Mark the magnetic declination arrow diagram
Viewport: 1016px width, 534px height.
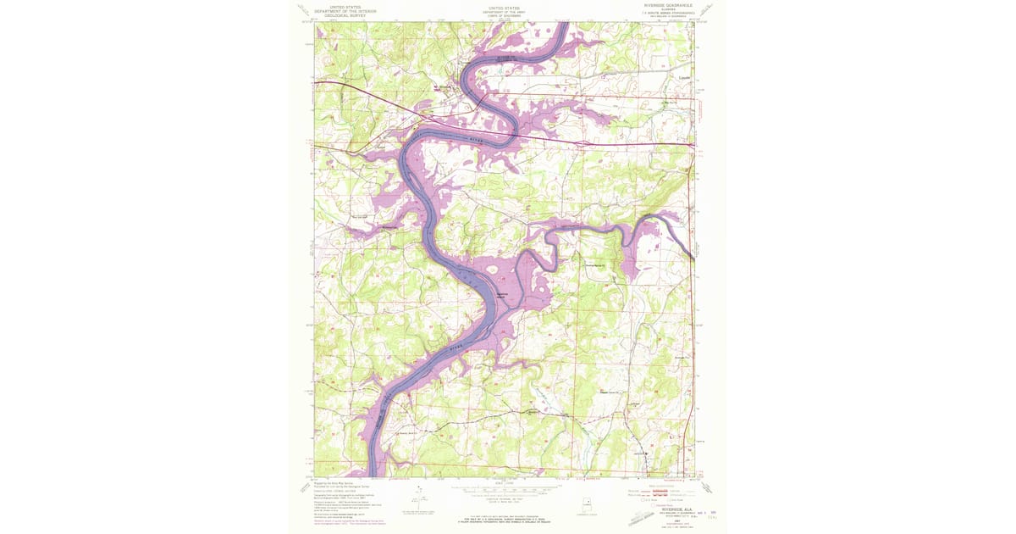pyautogui.click(x=419, y=499)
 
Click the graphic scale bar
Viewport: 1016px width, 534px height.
pyautogui.click(x=506, y=491)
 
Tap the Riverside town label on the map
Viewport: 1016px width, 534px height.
pyautogui.click(x=445, y=86)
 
